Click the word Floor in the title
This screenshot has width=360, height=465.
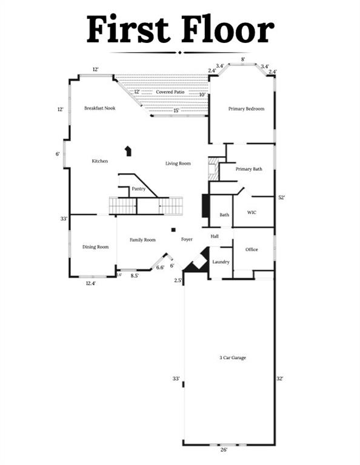point(228,30)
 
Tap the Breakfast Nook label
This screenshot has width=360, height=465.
point(100,108)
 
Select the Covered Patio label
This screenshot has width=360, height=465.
point(170,92)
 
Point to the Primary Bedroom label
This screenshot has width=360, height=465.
point(246,109)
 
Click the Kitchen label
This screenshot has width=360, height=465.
point(100,161)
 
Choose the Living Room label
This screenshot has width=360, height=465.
point(178,163)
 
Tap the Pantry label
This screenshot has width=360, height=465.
point(139,189)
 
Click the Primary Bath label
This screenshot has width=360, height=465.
point(248,169)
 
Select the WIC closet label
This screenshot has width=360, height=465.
point(252,213)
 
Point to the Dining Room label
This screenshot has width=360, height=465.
point(96,247)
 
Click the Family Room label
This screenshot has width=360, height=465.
point(142,240)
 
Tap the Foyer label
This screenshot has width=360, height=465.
point(187,239)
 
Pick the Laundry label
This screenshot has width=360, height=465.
point(221,262)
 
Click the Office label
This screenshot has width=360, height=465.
point(252,249)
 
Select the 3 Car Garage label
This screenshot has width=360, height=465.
point(233,358)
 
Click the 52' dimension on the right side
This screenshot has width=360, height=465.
point(281,197)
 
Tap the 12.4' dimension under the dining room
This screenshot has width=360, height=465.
point(90,283)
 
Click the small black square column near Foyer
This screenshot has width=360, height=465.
point(173,229)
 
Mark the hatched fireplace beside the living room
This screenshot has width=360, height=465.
point(213,168)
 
